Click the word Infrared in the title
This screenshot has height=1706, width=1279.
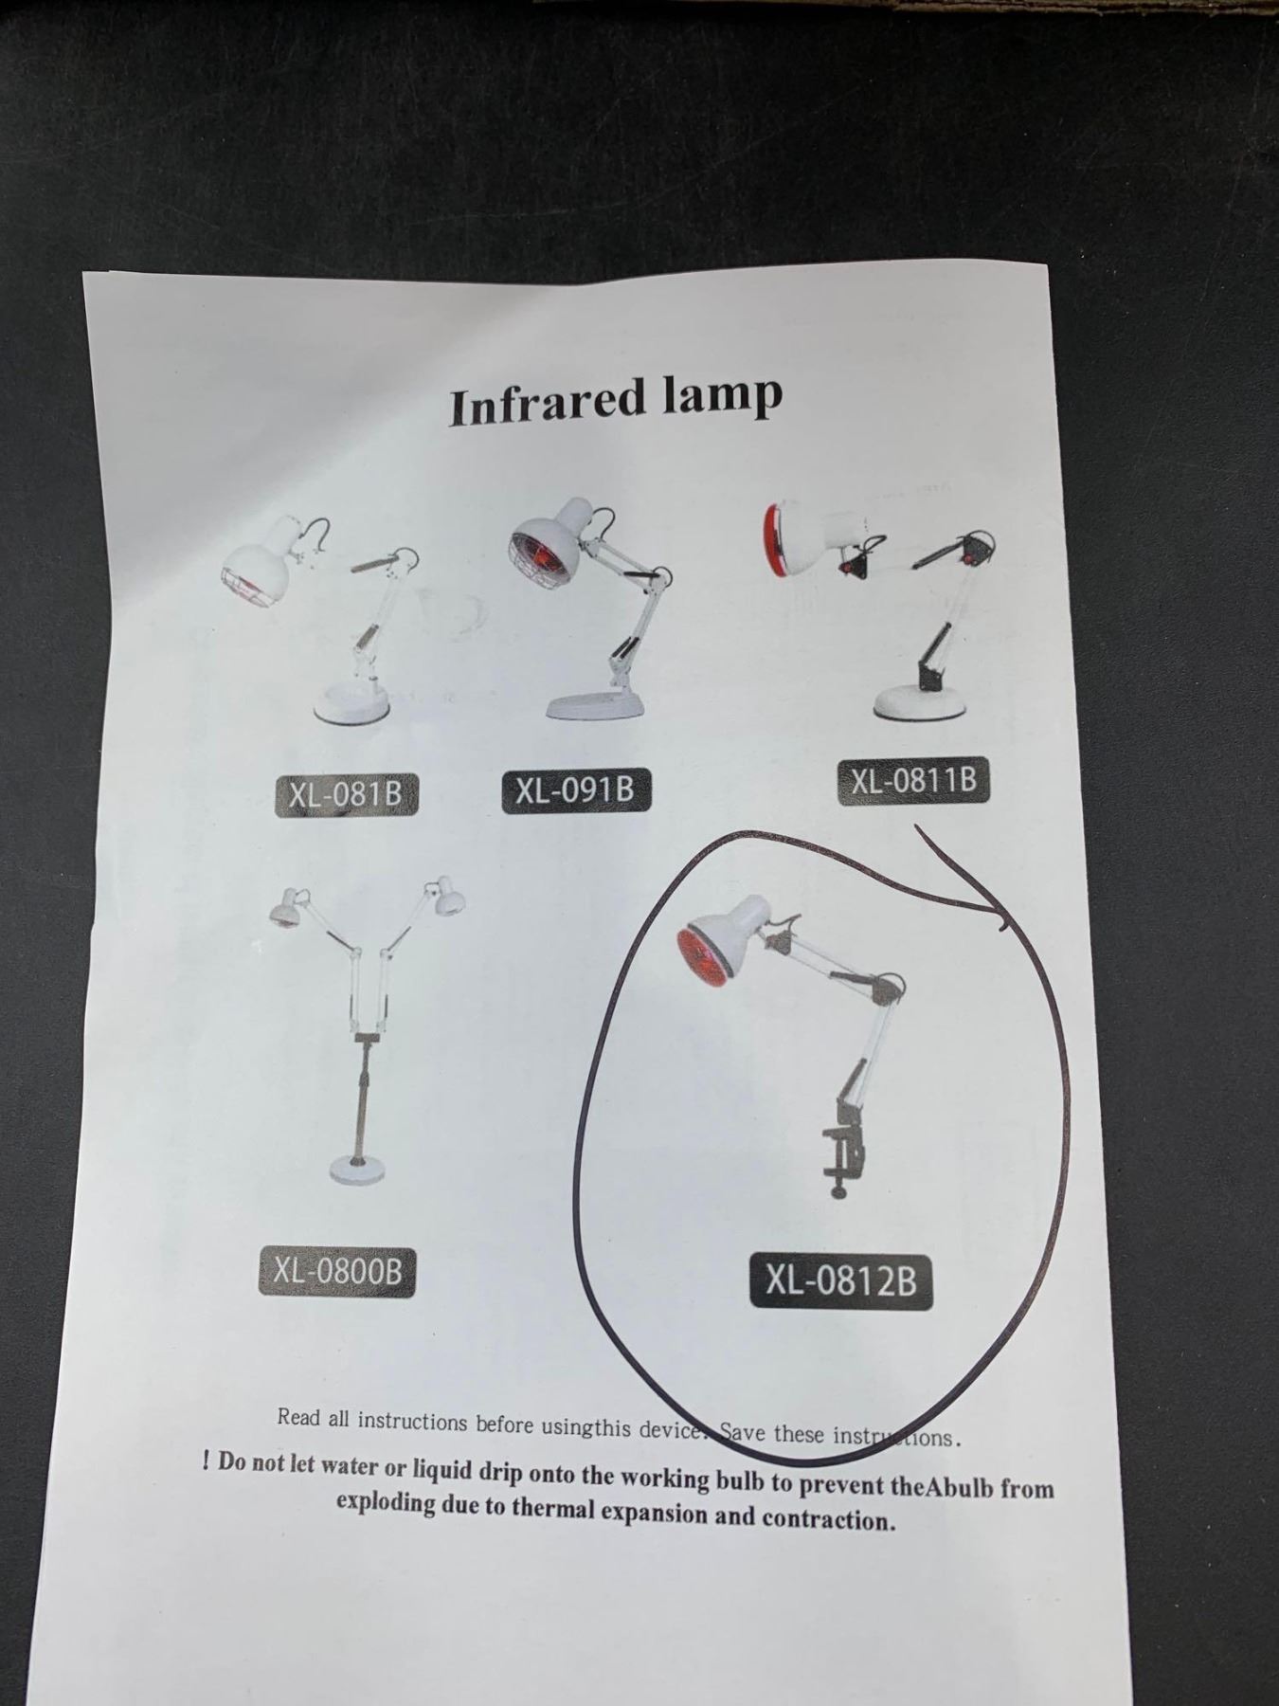547,402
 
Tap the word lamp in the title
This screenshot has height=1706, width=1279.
722,397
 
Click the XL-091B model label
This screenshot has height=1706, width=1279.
575,790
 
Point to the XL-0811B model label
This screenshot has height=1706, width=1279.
913,782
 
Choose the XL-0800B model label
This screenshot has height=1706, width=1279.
337,1272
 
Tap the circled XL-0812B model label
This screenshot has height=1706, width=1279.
840,1281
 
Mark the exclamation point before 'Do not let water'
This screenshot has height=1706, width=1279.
207,1461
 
